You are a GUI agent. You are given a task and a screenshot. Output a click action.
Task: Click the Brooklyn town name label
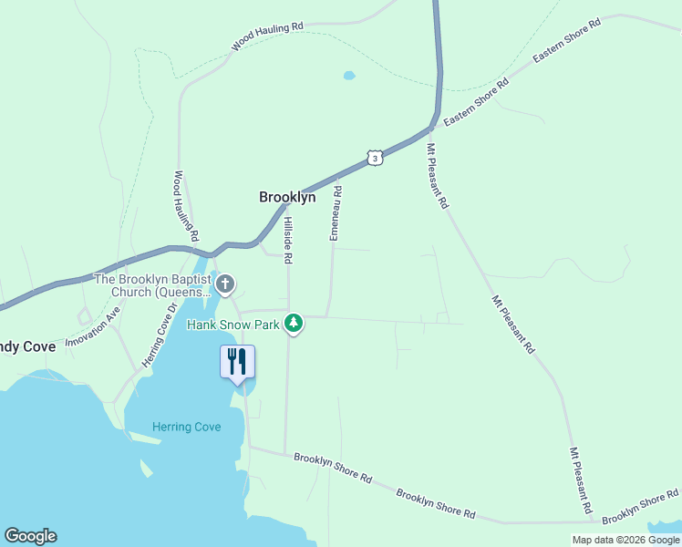287,197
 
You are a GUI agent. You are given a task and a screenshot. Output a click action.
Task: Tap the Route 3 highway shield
374,158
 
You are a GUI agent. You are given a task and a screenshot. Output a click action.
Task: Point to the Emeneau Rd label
336,213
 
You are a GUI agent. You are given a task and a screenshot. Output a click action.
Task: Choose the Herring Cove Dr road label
157,335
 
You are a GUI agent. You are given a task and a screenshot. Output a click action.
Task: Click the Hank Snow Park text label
234,324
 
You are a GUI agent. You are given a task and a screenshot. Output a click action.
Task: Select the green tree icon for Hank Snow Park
294,324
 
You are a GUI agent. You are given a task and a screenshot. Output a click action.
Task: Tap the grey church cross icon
224,285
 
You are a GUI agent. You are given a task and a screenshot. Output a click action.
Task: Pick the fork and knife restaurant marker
237,362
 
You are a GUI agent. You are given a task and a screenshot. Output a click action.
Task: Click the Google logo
30,536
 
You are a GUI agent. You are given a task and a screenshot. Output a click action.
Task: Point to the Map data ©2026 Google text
625,540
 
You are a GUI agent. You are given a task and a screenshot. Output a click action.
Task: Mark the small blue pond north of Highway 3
348,76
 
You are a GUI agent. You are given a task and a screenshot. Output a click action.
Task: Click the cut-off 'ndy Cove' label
27,346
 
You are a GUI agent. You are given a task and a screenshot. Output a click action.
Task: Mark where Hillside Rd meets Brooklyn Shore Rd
286,453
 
